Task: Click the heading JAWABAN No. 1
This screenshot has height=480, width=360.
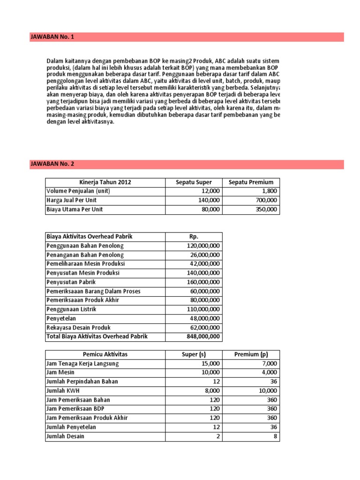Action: pos(52,37)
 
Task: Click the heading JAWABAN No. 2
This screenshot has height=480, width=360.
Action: pos(52,164)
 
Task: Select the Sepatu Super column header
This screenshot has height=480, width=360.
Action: pos(194,182)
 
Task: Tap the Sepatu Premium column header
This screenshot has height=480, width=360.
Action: pos(251,182)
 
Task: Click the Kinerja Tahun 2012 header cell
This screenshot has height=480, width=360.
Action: pos(105,182)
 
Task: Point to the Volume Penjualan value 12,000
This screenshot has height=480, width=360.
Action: pos(210,191)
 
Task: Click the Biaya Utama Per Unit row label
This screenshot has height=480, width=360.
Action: pos(75,210)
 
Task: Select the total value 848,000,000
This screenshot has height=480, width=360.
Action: pos(200,337)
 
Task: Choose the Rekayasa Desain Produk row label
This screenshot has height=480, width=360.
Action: pos(79,328)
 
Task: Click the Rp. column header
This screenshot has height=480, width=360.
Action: pos(193,237)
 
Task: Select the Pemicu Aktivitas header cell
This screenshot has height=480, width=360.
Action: pos(105,354)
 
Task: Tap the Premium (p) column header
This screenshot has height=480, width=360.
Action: pos(251,354)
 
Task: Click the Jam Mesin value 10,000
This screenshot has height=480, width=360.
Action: pos(210,373)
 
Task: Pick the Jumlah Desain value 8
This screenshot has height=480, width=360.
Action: pos(275,436)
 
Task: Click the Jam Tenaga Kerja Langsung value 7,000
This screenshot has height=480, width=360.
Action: pos(269,363)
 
